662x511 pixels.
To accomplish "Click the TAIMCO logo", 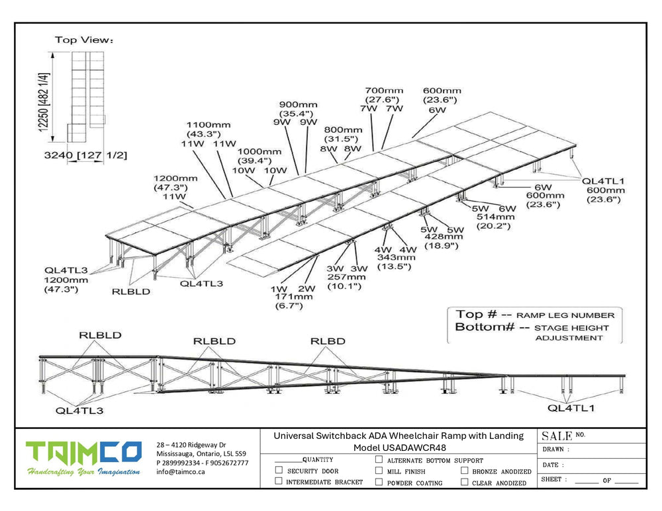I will point(83,453).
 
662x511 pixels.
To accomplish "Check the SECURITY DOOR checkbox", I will point(279,471).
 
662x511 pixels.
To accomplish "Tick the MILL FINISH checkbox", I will point(379,471).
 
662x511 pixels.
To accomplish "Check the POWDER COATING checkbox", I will point(379,482).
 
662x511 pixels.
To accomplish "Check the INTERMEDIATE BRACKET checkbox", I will point(279,482).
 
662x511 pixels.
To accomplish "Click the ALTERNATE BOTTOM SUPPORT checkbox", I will point(379,459).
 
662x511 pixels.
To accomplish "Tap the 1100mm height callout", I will point(209,124).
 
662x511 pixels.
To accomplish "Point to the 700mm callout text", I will point(384,91).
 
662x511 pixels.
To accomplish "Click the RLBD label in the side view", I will point(327,341).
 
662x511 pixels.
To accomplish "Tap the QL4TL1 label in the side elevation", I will point(571,408).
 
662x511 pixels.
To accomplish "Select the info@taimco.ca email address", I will point(181,472).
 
